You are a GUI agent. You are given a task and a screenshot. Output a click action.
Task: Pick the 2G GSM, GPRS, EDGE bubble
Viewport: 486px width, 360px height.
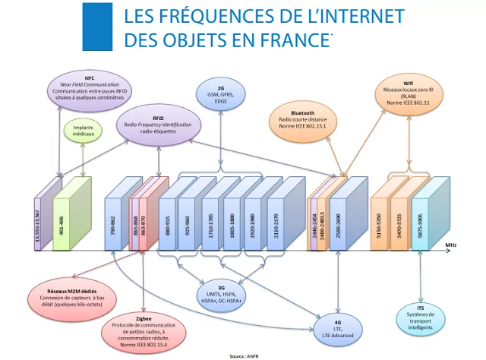(x=220, y=95)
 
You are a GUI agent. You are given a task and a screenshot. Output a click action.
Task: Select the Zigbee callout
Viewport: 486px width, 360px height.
(x=143, y=326)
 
